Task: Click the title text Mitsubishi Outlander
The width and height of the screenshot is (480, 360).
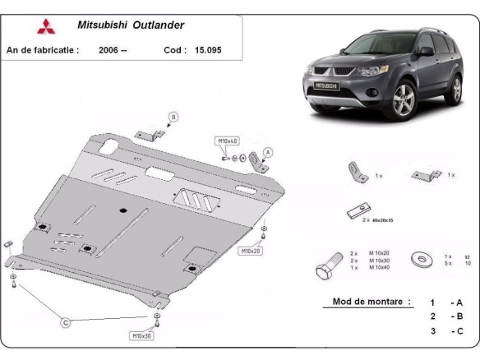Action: click(131, 25)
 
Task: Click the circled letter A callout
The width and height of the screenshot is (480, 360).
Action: click(268, 151)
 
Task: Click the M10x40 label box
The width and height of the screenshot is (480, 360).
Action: click(226, 141)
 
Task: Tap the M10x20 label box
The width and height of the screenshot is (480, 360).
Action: click(250, 251)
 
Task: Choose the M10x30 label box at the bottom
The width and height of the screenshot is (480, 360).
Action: click(141, 335)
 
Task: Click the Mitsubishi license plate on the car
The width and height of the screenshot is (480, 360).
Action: click(327, 85)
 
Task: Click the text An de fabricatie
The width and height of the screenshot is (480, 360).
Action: click(43, 50)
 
